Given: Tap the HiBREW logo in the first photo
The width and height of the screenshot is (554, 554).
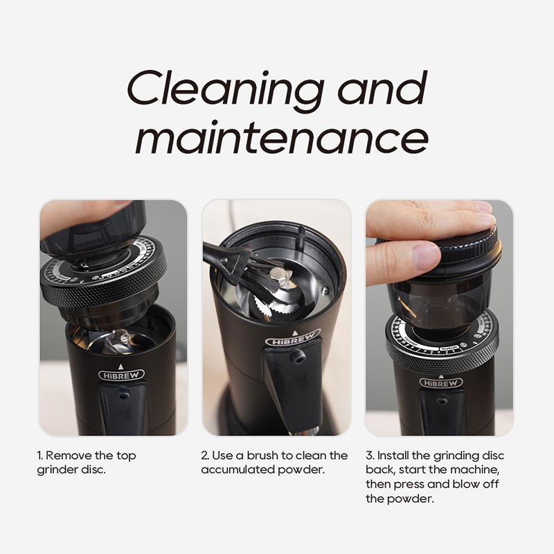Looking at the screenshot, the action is [x=121, y=375].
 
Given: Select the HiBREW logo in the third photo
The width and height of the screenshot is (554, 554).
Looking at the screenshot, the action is [x=440, y=383].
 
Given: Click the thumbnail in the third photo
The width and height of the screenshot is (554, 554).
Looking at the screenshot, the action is [x=427, y=257].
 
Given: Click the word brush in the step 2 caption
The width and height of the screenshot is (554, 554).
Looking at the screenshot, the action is [x=262, y=456].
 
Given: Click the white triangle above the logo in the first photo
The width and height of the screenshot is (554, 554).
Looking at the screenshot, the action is [x=120, y=366].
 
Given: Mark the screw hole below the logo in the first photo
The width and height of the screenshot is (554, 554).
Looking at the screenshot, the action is [x=123, y=396].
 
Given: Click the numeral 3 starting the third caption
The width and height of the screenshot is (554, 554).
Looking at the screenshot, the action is [x=369, y=456].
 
